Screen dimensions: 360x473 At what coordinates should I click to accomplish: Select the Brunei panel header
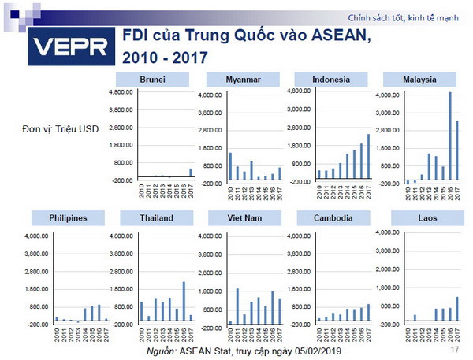153,80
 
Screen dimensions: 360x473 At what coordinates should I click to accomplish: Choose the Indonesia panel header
332,80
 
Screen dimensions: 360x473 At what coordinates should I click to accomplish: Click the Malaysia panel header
421,80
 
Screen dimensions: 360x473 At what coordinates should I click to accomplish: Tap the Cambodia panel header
332,218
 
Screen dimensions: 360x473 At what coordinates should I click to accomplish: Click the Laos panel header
421,218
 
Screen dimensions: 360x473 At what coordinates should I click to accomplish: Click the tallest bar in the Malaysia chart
449,135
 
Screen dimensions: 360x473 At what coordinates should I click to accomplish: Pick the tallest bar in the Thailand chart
184,301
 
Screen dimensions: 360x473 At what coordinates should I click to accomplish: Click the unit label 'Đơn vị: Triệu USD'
61,128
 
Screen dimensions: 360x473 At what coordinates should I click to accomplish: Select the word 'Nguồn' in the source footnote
162,350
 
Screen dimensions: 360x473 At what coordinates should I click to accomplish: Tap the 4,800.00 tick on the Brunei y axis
119,92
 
